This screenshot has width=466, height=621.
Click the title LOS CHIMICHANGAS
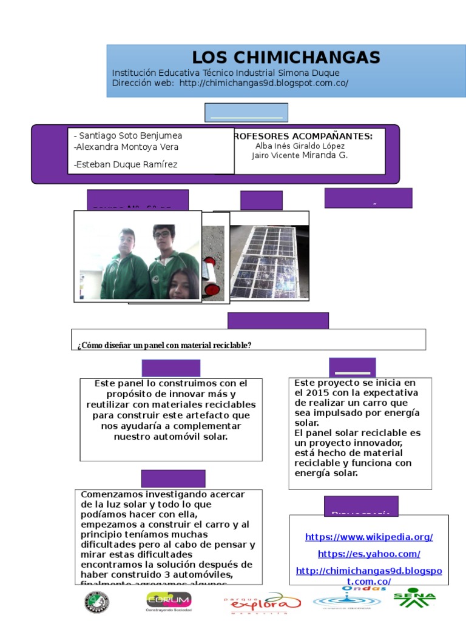pos(286,58)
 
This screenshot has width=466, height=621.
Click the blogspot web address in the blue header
pos(264,83)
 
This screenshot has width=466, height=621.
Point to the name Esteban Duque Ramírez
pos(126,164)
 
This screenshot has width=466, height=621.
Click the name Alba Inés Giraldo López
pos(300,146)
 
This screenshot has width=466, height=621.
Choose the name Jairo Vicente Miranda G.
pos(300,155)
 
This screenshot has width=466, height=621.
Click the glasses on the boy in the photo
pos(161,235)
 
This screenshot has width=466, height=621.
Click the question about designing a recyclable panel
pos(164,345)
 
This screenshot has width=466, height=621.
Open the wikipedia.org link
pos(369,537)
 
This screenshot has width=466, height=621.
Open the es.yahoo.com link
pos(369,554)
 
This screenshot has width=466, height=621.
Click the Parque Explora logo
pos(262,603)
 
